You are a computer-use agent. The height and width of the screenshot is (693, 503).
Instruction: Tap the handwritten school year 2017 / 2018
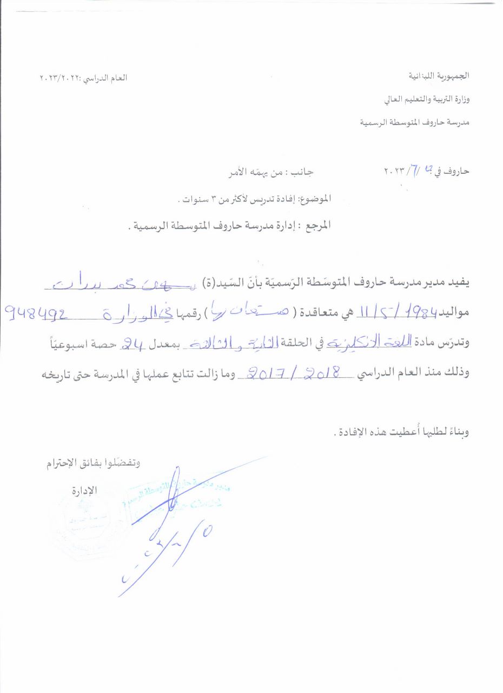point(293,372)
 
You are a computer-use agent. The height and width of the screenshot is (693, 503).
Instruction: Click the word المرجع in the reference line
point(317,225)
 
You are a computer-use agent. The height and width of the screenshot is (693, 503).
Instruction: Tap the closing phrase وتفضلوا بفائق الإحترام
point(91,463)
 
